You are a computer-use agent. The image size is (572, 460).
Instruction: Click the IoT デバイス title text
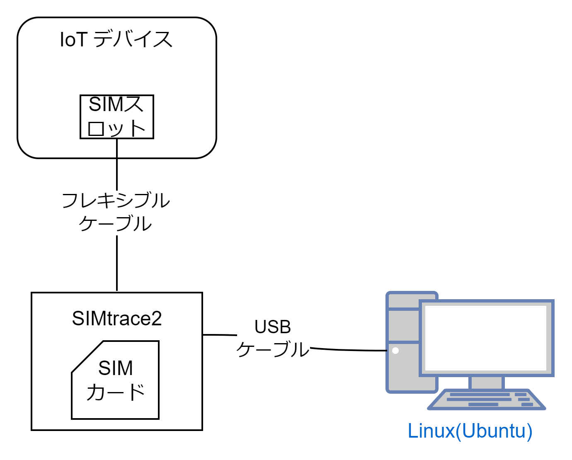pos(116,40)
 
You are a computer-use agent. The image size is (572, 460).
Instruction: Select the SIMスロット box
pos(117,116)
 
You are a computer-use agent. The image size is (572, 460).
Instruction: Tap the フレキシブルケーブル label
pos(116,211)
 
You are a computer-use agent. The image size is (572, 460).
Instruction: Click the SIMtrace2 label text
pos(117,318)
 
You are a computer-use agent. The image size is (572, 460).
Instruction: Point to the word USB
pos(273,327)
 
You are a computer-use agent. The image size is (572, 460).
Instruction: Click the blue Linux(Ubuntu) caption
pos(470,431)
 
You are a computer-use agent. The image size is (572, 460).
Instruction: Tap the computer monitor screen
pos(486,338)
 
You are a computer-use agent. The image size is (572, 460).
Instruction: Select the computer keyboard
pos(487,399)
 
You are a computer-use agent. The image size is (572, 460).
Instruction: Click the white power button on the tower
pos(395,351)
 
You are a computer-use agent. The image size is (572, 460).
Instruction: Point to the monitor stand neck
pos(486,383)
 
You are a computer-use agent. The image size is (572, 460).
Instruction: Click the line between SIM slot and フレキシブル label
pos(117,164)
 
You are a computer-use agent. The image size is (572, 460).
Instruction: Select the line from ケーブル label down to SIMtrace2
pos(117,263)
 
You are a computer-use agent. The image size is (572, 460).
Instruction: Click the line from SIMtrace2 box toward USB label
pos(220,334)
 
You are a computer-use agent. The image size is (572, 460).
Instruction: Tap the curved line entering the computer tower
pos(348,350)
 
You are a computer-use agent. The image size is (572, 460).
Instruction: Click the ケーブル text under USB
pos(273,349)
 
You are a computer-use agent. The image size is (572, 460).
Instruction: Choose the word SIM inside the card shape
pos(116,368)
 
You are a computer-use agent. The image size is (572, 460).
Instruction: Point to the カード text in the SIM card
pos(116,392)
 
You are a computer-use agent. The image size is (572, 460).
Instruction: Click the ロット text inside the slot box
pos(116,128)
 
